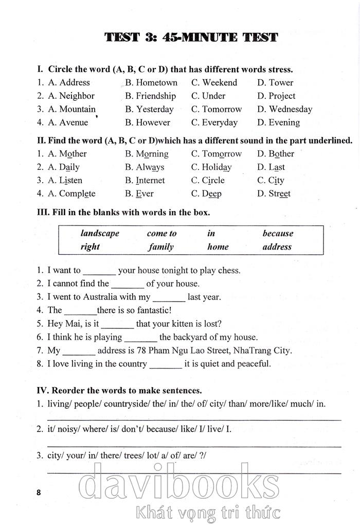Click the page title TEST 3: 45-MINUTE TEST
(x=191, y=37)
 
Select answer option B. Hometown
(x=151, y=82)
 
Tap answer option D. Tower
(x=275, y=82)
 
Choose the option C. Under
(x=208, y=96)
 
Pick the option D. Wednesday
(x=284, y=109)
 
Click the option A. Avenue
(x=68, y=122)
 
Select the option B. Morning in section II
(x=147, y=154)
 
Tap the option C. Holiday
(x=211, y=167)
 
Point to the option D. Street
(x=274, y=194)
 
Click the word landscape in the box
(x=100, y=233)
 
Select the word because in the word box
(x=278, y=233)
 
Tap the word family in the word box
(x=161, y=247)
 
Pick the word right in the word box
(x=90, y=247)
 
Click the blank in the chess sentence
(x=99, y=271)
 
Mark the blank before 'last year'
(x=169, y=298)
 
